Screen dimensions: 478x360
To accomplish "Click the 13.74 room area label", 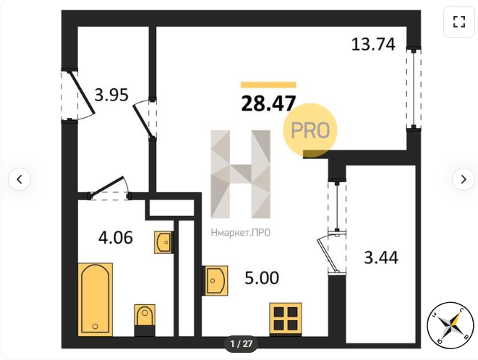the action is pyautogui.click(x=373, y=44).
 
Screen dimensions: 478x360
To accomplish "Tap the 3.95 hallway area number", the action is pyautogui.click(x=111, y=95).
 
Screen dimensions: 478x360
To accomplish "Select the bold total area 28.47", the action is pyautogui.click(x=268, y=103).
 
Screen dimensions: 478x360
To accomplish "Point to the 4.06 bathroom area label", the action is pyautogui.click(x=116, y=237).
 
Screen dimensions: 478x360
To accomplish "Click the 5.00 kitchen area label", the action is pyautogui.click(x=262, y=278).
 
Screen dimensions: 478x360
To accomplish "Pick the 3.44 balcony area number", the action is pyautogui.click(x=381, y=257).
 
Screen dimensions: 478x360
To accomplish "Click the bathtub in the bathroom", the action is pyautogui.click(x=95, y=299).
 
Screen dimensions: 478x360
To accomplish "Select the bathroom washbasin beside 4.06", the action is pyautogui.click(x=163, y=242).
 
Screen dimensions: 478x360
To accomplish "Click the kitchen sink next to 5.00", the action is pyautogui.click(x=215, y=280).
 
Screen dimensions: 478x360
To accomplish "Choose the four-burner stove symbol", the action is pyautogui.click(x=286, y=319).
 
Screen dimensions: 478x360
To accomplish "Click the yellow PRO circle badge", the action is pyautogui.click(x=310, y=130).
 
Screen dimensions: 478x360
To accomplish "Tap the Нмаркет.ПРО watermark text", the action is pyautogui.click(x=241, y=233).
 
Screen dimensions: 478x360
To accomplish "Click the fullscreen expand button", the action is pyautogui.click(x=458, y=22).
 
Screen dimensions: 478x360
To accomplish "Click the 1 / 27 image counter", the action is pyautogui.click(x=241, y=344).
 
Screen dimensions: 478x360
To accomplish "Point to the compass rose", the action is pyautogui.click(x=450, y=325).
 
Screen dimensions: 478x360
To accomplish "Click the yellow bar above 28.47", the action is pyautogui.click(x=268, y=85).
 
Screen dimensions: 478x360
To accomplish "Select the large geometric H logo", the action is pyautogui.click(x=240, y=174).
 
